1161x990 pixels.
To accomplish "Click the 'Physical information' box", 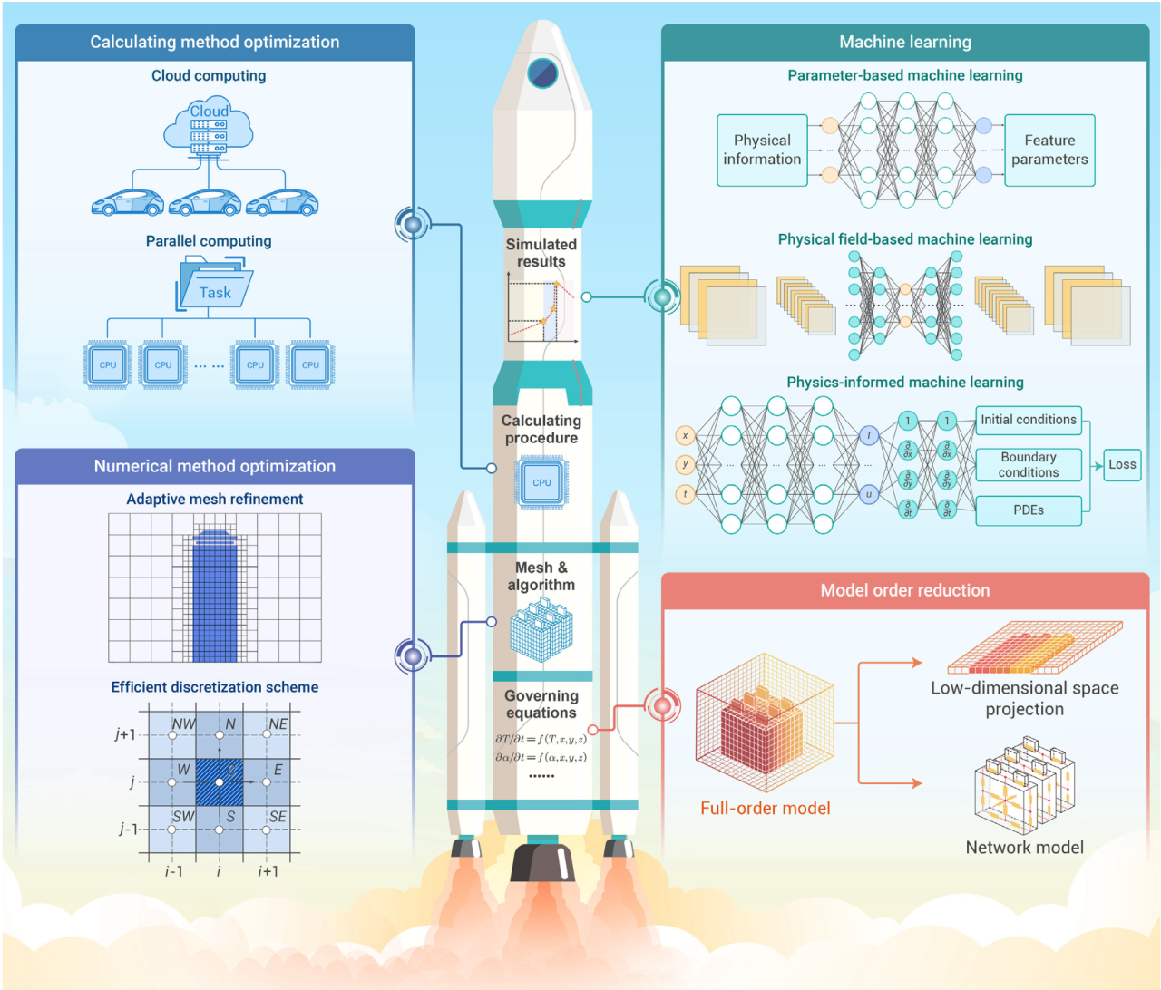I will pyautogui.click(x=762, y=150).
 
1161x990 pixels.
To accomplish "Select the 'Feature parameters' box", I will pyautogui.click(x=1049, y=150).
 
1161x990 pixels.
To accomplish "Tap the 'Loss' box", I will pyautogui.click(x=1122, y=464).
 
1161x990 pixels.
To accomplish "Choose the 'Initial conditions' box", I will pyautogui.click(x=1029, y=420).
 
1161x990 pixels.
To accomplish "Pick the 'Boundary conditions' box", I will pyautogui.click(x=1029, y=465).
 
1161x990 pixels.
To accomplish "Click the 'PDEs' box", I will pyautogui.click(x=1029, y=510).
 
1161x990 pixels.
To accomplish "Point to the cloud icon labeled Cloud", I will pyautogui.click(x=209, y=127).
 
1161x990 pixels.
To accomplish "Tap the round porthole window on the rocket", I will pyautogui.click(x=542, y=73).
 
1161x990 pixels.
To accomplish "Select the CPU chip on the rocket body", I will pyautogui.click(x=541, y=482).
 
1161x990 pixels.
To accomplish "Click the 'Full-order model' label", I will pyautogui.click(x=765, y=808).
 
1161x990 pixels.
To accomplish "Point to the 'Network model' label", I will pyautogui.click(x=1024, y=848).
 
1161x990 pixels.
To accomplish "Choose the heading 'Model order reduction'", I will pyautogui.click(x=905, y=590).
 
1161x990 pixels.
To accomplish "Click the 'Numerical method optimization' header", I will pyautogui.click(x=215, y=466).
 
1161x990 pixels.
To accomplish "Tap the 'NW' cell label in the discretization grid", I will pyautogui.click(x=184, y=724).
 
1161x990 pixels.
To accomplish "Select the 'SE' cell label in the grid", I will pyautogui.click(x=278, y=817).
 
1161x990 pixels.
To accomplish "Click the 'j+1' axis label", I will pyautogui.click(x=125, y=734).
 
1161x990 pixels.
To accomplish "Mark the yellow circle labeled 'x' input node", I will pyautogui.click(x=685, y=436).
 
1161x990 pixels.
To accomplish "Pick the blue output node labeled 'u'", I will pyautogui.click(x=869, y=494).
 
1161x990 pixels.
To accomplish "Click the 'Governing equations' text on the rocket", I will pyautogui.click(x=541, y=704).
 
